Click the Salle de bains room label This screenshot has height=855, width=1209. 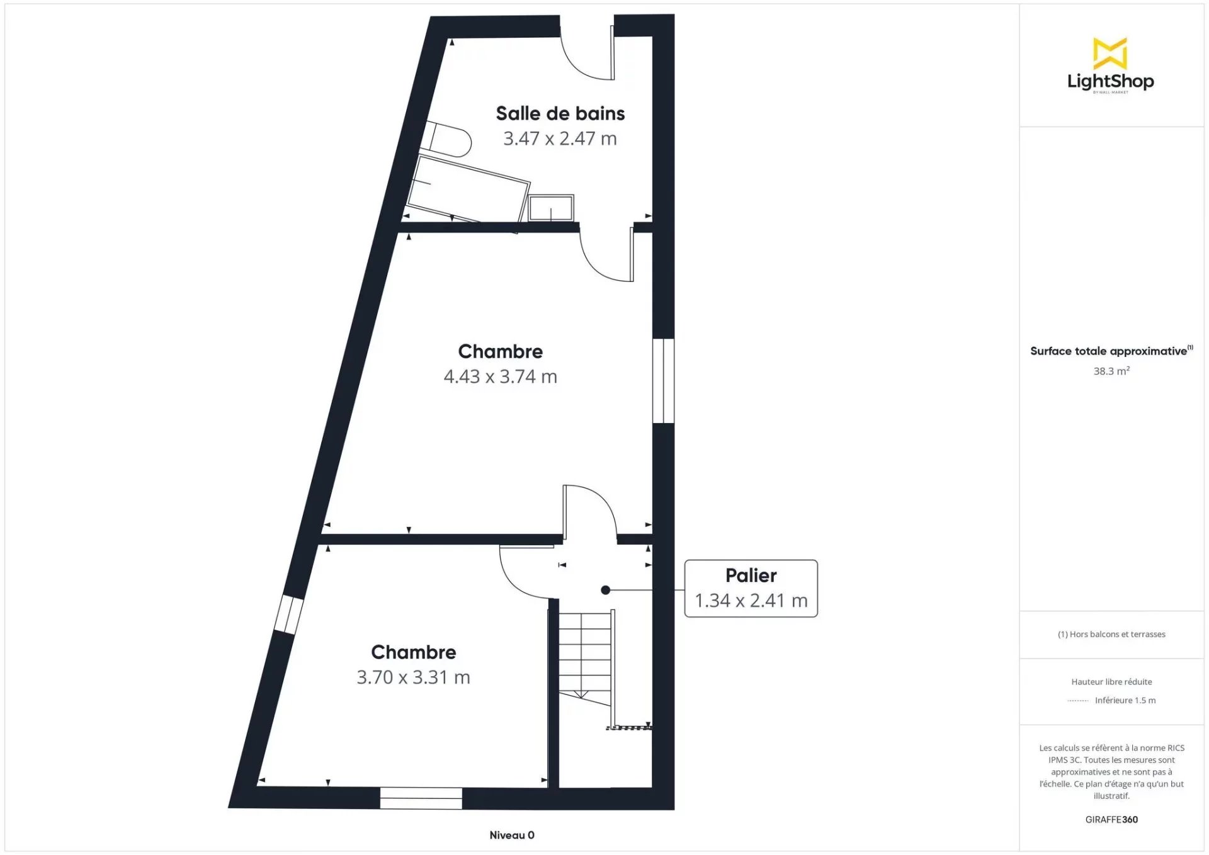(560, 113)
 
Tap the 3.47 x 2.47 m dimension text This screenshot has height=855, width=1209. (560, 139)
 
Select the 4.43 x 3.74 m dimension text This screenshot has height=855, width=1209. (500, 377)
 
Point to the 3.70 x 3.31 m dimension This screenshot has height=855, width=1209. (413, 677)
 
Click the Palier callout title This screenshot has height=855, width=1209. (751, 575)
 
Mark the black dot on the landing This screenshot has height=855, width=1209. (605, 590)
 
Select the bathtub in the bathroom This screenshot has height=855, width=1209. (467, 189)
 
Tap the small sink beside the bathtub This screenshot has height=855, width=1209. (551, 208)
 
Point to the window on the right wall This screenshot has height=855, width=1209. (663, 381)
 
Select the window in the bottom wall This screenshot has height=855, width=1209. (421, 798)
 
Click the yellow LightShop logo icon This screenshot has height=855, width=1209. (1110, 53)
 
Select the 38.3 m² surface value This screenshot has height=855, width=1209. (1111, 371)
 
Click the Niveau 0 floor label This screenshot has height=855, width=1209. (512, 835)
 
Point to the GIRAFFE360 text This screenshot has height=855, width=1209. (1111, 819)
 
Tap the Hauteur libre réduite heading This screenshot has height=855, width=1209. (1111, 681)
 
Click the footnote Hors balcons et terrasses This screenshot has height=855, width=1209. (1111, 634)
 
